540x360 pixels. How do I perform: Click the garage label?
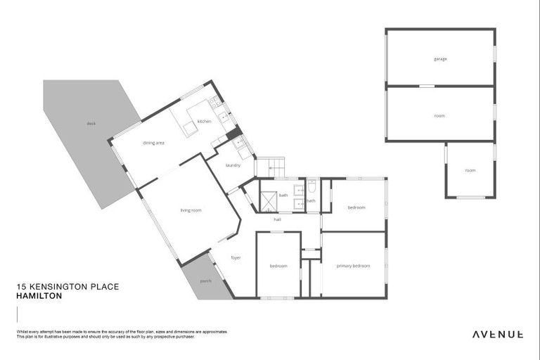440,59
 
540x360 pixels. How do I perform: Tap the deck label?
91,124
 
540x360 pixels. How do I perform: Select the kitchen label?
204,122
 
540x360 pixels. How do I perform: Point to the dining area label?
153,143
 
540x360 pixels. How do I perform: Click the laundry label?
233,165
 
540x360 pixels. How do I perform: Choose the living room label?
191,210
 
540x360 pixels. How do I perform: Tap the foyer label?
236,257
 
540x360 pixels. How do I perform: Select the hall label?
278,219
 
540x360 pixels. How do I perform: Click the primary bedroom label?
353,266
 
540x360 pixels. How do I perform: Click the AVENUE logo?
496,334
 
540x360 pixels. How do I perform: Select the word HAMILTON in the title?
39,297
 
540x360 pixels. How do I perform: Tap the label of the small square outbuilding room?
470,170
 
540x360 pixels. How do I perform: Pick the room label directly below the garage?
439,115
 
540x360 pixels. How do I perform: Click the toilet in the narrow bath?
311,189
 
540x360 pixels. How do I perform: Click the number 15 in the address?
20,287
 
